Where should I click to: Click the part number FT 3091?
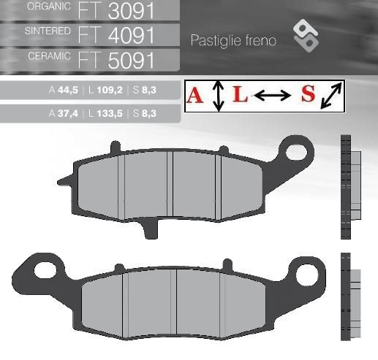pos(116,11)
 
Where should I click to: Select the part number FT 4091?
pos(116,35)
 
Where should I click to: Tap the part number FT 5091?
pos(116,60)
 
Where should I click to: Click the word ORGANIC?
pos(49,7)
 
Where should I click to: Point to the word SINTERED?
pos(48,31)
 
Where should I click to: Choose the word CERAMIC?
pos(49,56)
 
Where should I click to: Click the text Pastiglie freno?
pos(233,40)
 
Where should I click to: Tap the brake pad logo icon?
pos(306,36)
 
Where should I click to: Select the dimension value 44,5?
pos(68,90)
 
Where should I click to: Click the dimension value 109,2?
pos(110,90)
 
